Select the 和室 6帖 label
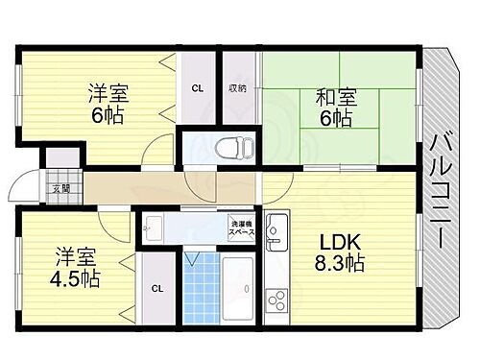[335, 107]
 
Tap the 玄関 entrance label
[60, 189]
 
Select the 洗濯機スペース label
[241, 229]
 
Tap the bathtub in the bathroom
[236, 294]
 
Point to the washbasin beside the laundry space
[154, 229]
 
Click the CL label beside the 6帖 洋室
[197, 89]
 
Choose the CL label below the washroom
[156, 288]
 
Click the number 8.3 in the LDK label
[325, 263]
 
